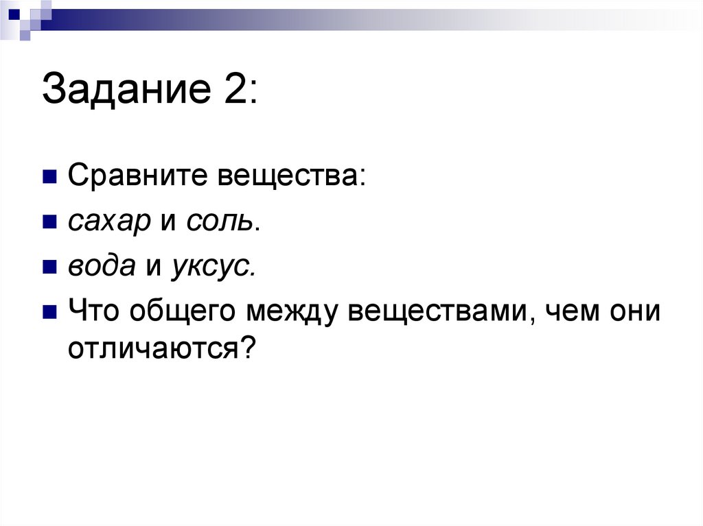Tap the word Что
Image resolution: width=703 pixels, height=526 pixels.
(93, 312)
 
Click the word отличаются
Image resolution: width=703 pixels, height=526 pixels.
(151, 350)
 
